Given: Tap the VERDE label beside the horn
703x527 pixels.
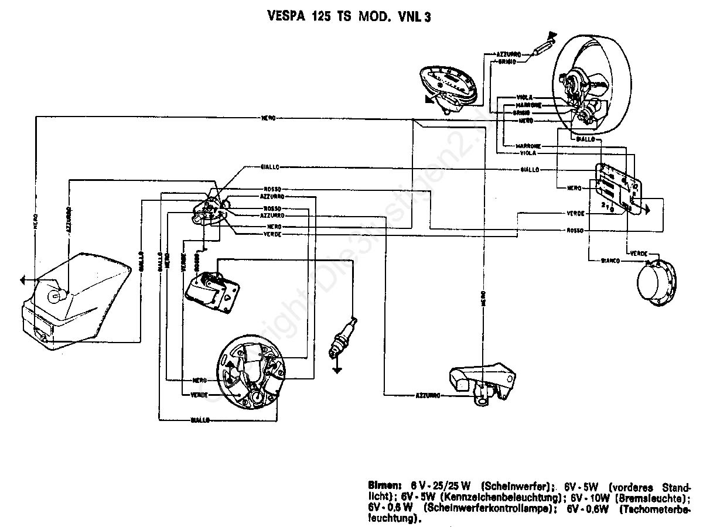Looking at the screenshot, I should point(638,253).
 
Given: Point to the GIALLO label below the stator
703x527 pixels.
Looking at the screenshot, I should point(201,420).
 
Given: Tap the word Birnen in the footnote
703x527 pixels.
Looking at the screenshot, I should point(384,485).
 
